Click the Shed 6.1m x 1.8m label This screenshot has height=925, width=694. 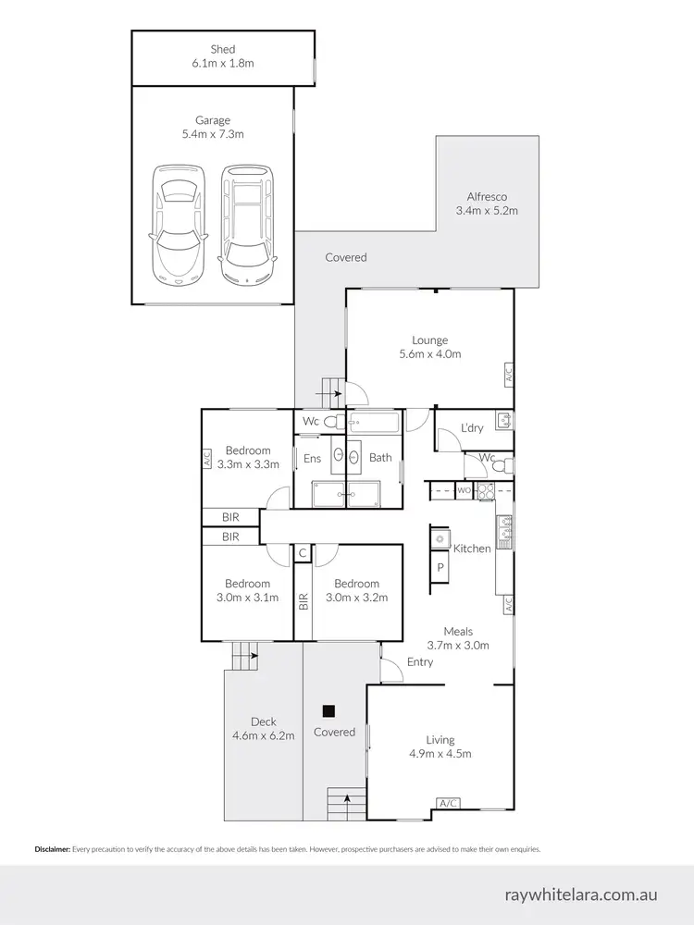pyautogui.click(x=222, y=56)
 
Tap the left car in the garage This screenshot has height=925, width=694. pyautogui.click(x=178, y=222)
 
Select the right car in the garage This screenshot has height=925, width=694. pyautogui.click(x=246, y=222)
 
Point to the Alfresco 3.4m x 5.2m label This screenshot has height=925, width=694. pyautogui.click(x=487, y=203)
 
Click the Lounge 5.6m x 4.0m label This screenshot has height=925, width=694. pyautogui.click(x=429, y=347)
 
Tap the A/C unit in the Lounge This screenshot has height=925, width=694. pyautogui.click(x=508, y=375)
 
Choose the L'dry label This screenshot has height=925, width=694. pyautogui.click(x=472, y=428)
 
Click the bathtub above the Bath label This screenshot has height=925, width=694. pyautogui.click(x=375, y=424)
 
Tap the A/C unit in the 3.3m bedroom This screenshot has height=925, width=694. pyautogui.click(x=207, y=457)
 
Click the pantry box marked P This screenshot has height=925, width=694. pyautogui.click(x=440, y=567)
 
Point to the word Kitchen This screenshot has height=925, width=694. pyautogui.click(x=472, y=549)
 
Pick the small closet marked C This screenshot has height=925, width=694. pyautogui.click(x=302, y=553)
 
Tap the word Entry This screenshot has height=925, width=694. pyautogui.click(x=419, y=661)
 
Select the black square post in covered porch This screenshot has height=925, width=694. pyautogui.click(x=327, y=711)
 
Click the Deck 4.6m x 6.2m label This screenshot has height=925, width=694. pyautogui.click(x=264, y=729)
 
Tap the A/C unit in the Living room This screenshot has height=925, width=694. pyautogui.click(x=449, y=802)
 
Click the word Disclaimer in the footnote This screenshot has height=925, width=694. pyautogui.click(x=52, y=848)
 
